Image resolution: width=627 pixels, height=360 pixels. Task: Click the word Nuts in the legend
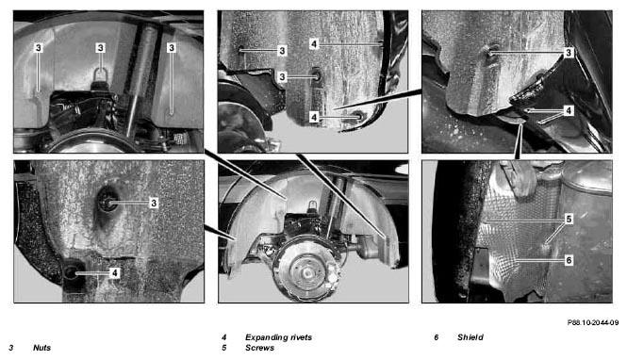pos(42,348)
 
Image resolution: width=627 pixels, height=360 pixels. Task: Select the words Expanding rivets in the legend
pos(278,337)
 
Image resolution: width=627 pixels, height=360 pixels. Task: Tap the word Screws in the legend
pos(259,348)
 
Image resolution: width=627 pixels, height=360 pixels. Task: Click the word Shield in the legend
pos(470,337)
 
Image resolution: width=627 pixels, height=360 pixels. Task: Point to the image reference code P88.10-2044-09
pos(593,322)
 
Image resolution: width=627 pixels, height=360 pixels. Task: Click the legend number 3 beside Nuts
pos(10,348)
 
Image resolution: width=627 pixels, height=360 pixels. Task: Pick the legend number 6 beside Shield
pos(436,337)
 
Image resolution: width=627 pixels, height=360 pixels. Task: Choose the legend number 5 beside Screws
pos(224,348)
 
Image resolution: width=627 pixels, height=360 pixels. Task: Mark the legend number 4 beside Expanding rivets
pos(224,337)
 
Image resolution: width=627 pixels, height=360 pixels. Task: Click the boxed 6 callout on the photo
pos(569,260)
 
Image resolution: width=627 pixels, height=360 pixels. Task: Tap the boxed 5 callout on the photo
pos(569,219)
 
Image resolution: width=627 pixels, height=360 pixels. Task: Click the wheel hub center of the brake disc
pos(307,273)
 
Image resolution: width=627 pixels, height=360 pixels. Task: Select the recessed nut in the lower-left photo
pos(107,203)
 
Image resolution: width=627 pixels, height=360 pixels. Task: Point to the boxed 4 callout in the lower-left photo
pos(115,273)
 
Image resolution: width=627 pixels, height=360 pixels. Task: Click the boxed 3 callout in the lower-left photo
pos(154,203)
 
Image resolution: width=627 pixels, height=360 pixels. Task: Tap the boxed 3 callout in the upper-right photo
pos(569,53)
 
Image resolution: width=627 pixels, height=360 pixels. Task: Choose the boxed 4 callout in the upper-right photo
pos(569,110)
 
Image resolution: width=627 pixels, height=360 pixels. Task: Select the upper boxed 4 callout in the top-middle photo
pos(314,44)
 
